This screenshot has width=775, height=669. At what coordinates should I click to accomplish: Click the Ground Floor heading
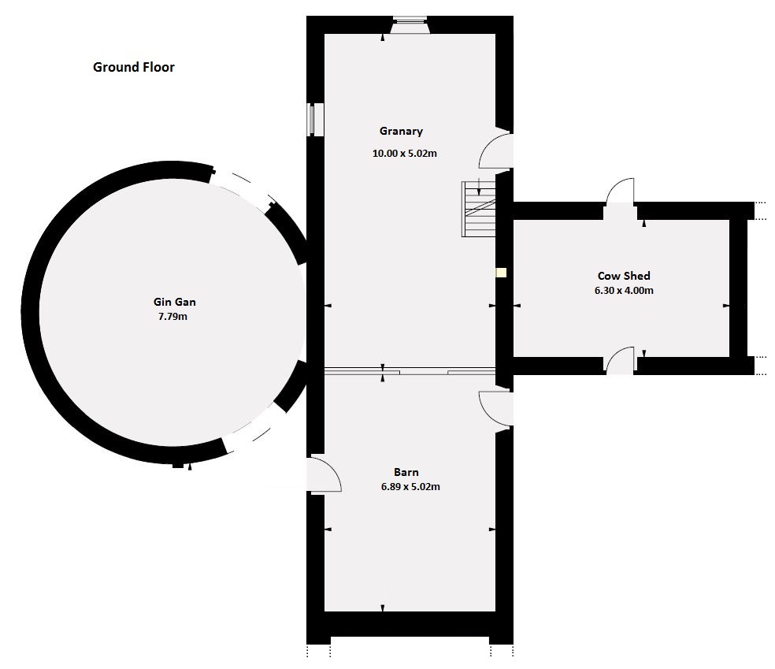134,67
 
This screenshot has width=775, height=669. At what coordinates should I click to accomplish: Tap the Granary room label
401,132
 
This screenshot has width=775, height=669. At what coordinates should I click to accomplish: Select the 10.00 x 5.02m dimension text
404,154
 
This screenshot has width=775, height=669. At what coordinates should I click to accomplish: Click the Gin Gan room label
174,302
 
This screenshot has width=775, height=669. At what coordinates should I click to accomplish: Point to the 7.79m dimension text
173,317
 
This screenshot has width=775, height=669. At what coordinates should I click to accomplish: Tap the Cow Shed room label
624,276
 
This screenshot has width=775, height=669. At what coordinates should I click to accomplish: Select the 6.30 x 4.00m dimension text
624,290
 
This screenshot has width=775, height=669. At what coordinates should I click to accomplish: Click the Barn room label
406,472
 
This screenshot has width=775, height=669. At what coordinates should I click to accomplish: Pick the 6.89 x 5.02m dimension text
410,487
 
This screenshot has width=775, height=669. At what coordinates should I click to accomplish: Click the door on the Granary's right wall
497,151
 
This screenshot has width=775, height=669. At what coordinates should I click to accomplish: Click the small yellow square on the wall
500,273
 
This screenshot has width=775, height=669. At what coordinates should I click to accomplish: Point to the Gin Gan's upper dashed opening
241,188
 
